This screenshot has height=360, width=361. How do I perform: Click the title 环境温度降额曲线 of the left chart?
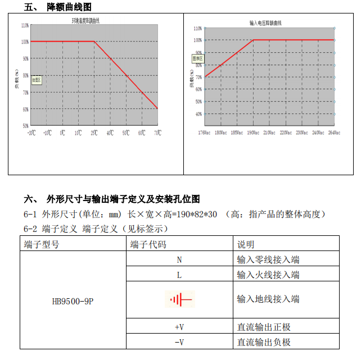(x=85, y=21)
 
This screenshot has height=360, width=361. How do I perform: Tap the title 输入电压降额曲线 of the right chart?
(x=265, y=23)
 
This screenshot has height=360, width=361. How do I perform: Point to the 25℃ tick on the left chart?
(x=94, y=133)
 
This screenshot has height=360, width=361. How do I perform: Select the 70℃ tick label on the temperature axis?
(x=157, y=133)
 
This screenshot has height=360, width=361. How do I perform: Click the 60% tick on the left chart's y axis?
(x=25, y=109)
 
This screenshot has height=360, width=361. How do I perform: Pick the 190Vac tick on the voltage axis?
(x=253, y=133)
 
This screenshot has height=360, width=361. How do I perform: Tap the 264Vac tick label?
(x=334, y=133)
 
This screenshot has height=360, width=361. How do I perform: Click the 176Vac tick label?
(x=204, y=133)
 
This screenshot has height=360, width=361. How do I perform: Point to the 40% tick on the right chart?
(x=198, y=114)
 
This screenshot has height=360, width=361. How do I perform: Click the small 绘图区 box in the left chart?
(x=37, y=80)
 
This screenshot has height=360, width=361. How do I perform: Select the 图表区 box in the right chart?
(x=197, y=58)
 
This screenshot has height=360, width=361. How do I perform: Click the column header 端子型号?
(x=42, y=244)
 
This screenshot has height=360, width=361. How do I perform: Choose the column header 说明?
(x=246, y=244)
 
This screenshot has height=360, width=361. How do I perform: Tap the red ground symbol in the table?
(x=180, y=299)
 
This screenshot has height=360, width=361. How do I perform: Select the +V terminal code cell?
(x=179, y=327)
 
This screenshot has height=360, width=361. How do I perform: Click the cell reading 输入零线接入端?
(x=268, y=259)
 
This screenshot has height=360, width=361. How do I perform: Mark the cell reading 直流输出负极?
(x=264, y=341)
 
